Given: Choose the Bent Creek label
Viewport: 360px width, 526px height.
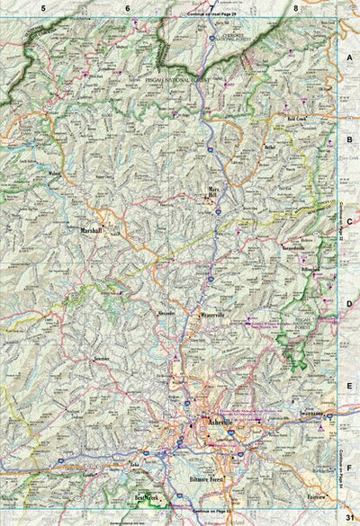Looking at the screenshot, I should click(x=146, y=497).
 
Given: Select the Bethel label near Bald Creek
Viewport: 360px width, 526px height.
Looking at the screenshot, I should click(x=269, y=145).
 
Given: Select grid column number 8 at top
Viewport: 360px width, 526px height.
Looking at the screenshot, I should click(x=295, y=7).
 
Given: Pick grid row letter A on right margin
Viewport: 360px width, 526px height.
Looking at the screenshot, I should click(x=348, y=56).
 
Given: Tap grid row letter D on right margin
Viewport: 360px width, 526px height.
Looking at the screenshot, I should click(x=348, y=304).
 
